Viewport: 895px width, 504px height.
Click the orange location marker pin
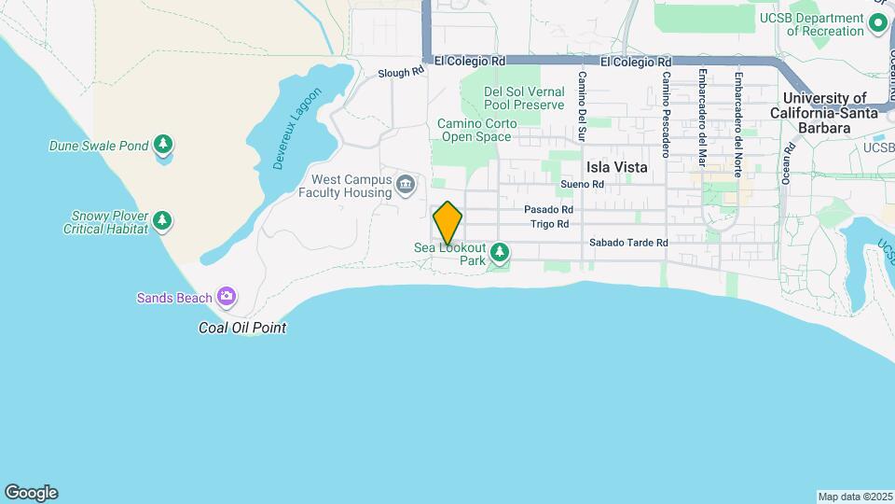coord(447,223)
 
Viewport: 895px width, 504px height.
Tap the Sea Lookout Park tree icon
coord(501,252)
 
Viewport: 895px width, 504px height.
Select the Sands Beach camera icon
coord(226,297)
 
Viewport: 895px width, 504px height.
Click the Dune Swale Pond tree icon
coord(164,145)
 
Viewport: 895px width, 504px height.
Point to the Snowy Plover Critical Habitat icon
coord(164,221)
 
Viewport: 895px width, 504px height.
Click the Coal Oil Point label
coord(242,328)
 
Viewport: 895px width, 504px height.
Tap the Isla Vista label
coord(617,167)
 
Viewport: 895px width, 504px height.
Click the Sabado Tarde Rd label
coord(628,243)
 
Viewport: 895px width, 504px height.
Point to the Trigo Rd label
coord(549,224)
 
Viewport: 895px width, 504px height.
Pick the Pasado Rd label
coord(547,210)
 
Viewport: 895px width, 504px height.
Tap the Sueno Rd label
coord(583,185)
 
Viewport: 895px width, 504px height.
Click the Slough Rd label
coord(401,72)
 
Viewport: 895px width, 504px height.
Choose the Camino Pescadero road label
coord(667,114)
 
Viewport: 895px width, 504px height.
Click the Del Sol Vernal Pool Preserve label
coord(524,98)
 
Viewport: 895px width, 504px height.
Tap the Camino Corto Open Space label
coord(475,130)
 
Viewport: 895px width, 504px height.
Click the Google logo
coord(31,492)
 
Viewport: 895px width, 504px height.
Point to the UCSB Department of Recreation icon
coord(877,24)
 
